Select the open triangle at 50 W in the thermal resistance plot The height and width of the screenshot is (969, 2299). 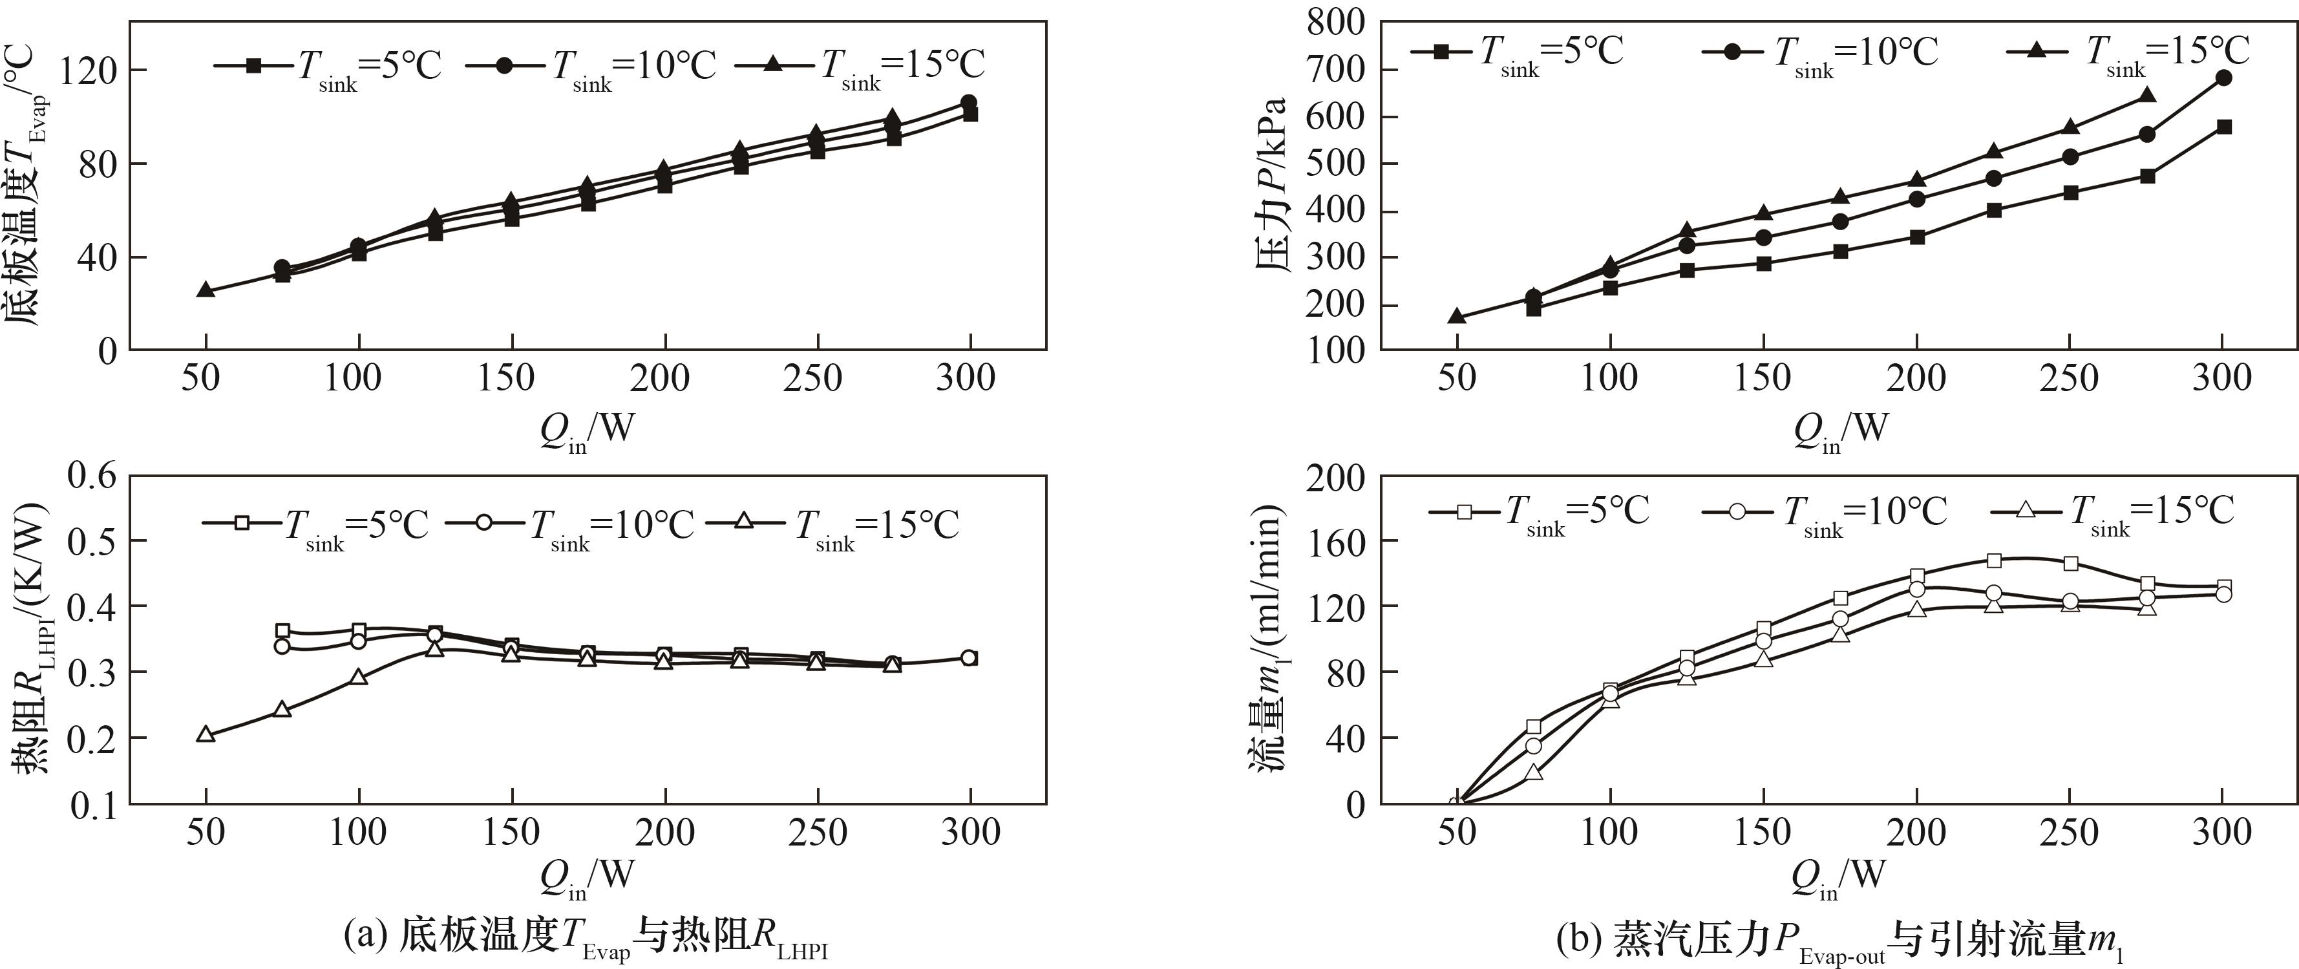pos(206,734)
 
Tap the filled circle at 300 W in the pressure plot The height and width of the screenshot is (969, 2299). pos(2223,78)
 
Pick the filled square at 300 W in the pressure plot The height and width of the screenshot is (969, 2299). pos(2223,127)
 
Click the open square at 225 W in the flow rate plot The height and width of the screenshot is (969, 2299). pos(1994,560)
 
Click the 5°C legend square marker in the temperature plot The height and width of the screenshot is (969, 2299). pos(253,65)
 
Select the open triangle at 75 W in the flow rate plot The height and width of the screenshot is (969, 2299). pos(1533,772)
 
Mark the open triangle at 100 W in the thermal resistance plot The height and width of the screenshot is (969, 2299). pos(359,676)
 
